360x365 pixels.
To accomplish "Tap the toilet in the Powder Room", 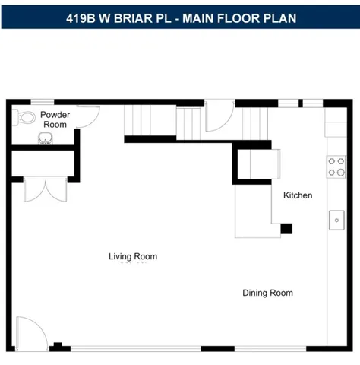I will click(27, 117).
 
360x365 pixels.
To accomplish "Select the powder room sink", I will click(46, 138).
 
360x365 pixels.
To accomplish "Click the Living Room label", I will click(133, 256).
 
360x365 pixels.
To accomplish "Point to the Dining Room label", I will click(267, 293).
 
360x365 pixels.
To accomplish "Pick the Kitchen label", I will click(298, 195).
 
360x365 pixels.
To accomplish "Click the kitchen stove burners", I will click(336, 167).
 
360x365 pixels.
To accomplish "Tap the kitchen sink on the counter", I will click(336, 221).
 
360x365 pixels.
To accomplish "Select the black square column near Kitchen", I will click(286, 227).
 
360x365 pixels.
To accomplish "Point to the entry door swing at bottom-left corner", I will click(30, 332).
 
